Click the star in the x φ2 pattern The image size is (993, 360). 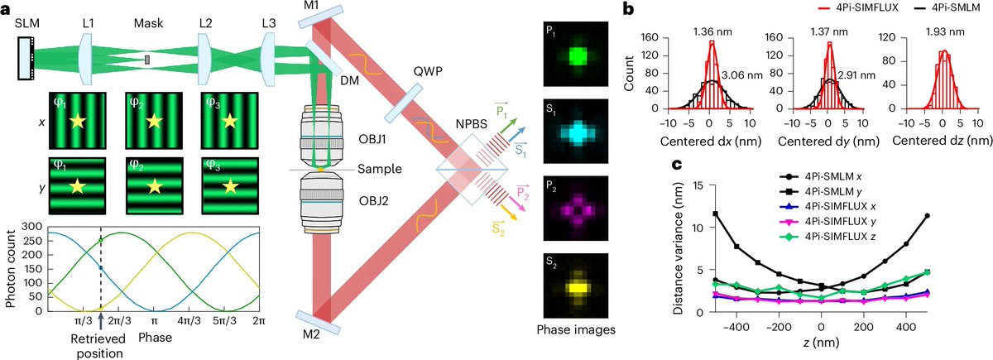point(152,123)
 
